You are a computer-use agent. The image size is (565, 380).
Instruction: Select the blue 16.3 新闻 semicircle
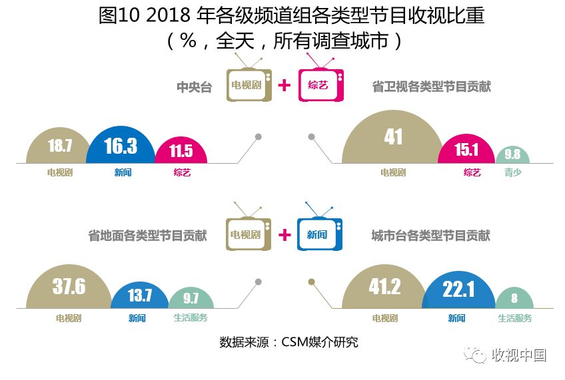tap(121, 146)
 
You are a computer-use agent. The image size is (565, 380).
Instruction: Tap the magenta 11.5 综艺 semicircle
tap(181, 150)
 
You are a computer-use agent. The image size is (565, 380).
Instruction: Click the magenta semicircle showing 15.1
tap(466, 150)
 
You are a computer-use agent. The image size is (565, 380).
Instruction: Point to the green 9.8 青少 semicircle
tap(512, 155)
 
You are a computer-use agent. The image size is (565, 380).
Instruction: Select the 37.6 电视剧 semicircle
tap(69, 288)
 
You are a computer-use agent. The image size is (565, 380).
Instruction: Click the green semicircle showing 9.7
tap(191, 299)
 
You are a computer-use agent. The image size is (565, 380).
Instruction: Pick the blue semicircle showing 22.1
tap(458, 291)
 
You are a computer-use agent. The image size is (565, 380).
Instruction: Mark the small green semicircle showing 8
tap(514, 299)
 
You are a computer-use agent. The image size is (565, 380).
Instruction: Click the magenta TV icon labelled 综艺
tap(320, 85)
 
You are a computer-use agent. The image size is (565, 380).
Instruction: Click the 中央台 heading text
tap(194, 87)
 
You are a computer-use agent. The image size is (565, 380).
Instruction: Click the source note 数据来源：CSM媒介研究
tap(288, 343)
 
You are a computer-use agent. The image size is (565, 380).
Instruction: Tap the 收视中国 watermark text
tap(518, 355)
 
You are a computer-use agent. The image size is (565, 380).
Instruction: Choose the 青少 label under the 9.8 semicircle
tap(512, 172)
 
